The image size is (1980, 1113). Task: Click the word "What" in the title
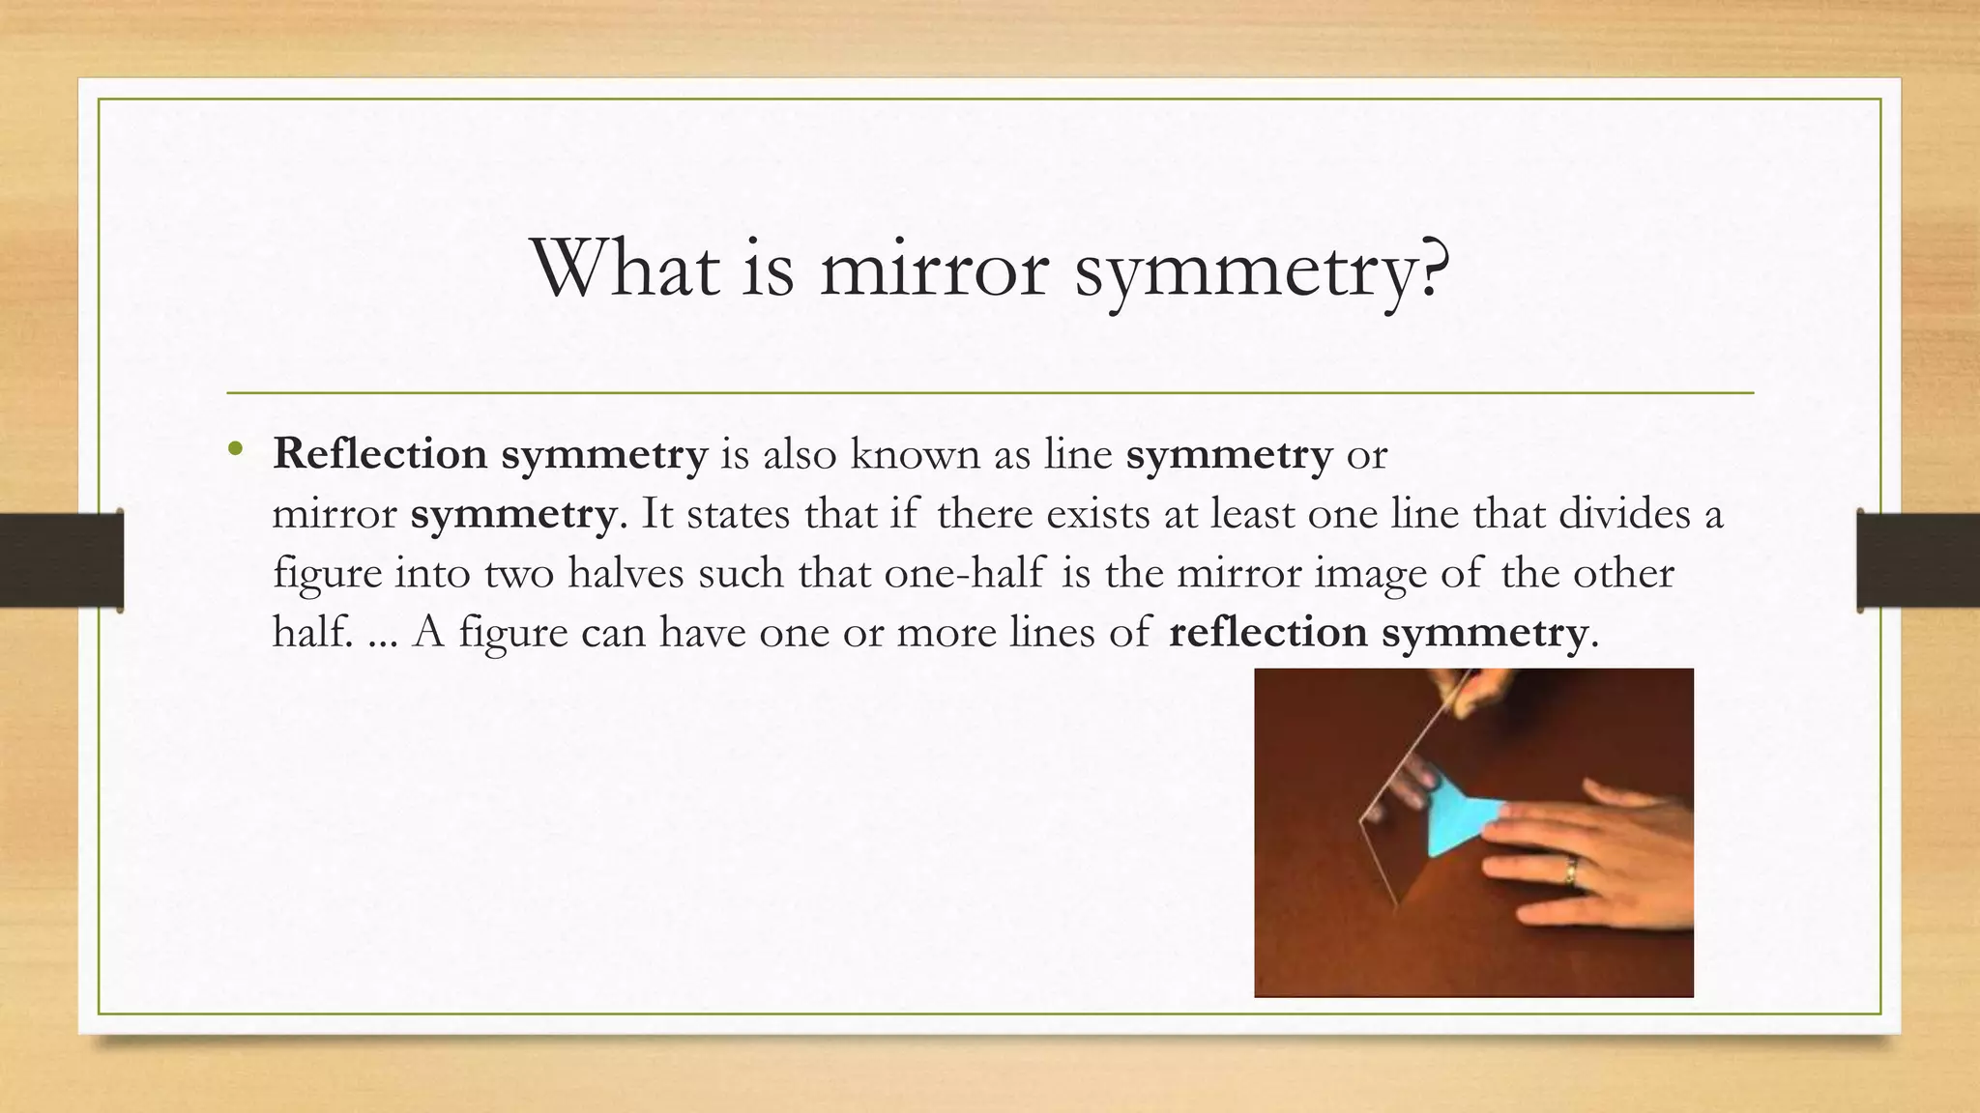click(625, 268)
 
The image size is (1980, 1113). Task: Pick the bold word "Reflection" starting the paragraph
click(380, 454)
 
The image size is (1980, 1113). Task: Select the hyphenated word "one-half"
click(964, 573)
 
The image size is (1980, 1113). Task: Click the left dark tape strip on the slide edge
click(61, 560)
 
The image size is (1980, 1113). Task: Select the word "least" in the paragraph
click(1248, 513)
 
